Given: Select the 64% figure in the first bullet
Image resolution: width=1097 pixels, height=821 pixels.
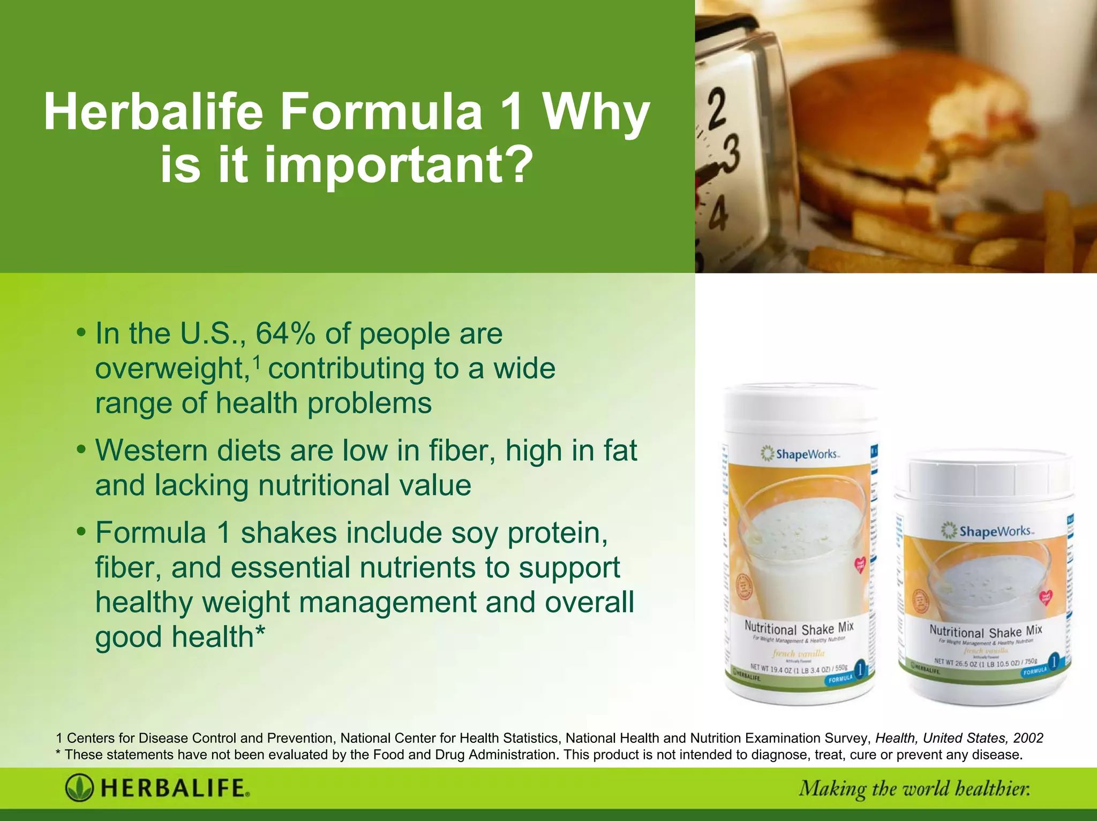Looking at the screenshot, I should tap(285, 334).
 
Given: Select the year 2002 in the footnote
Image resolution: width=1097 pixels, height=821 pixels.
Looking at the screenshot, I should tap(1028, 738).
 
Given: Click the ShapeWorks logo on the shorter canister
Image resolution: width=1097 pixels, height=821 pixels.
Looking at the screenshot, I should tap(987, 531).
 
